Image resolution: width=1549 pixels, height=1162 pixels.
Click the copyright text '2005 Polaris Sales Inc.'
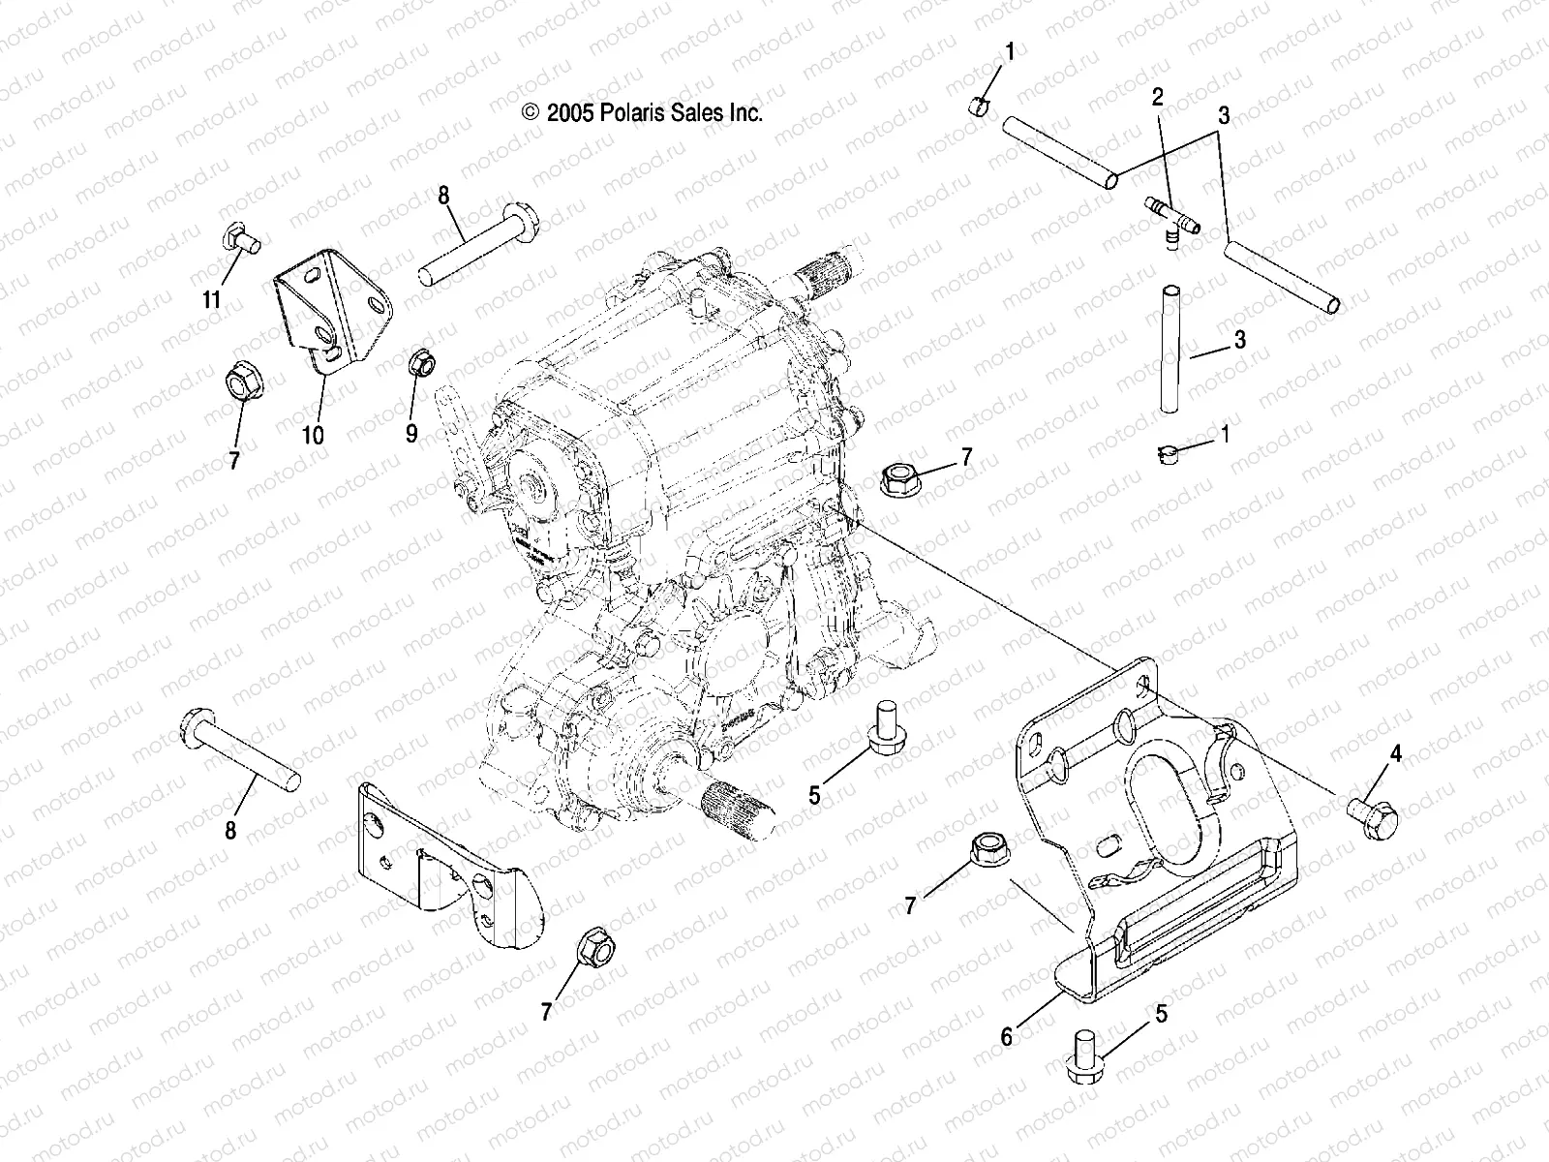[x=643, y=112]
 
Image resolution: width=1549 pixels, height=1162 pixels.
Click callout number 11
[x=211, y=300]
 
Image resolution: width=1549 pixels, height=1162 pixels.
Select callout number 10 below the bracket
[x=312, y=435]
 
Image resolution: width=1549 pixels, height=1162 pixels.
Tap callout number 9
[x=411, y=433]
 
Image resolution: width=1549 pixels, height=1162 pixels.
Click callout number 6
[x=1007, y=1037]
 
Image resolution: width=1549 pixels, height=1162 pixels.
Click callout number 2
[x=1158, y=96]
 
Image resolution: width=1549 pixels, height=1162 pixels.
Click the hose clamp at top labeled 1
[x=980, y=106]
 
